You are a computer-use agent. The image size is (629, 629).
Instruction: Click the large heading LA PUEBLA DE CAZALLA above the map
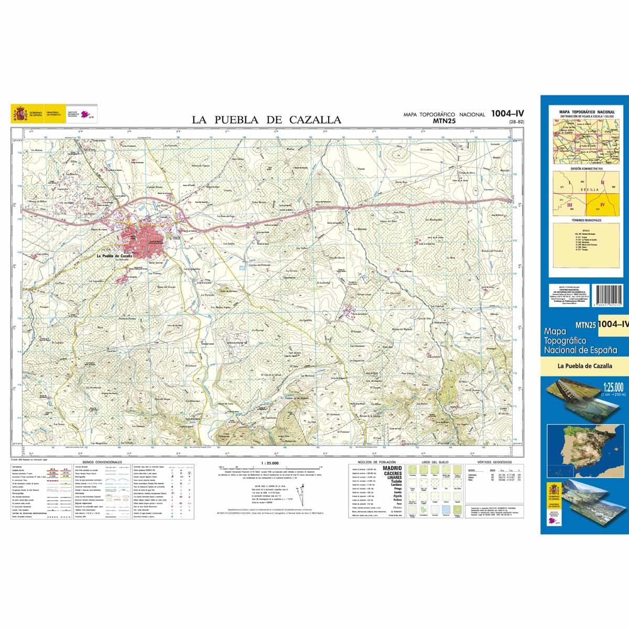pos(266,120)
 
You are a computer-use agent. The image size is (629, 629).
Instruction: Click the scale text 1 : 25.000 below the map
pos(269,463)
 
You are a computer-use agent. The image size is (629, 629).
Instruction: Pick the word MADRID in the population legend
pos(392,468)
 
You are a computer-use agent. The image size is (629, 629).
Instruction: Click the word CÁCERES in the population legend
pos(392,473)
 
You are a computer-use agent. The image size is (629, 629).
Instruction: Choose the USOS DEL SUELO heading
pos(436,462)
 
